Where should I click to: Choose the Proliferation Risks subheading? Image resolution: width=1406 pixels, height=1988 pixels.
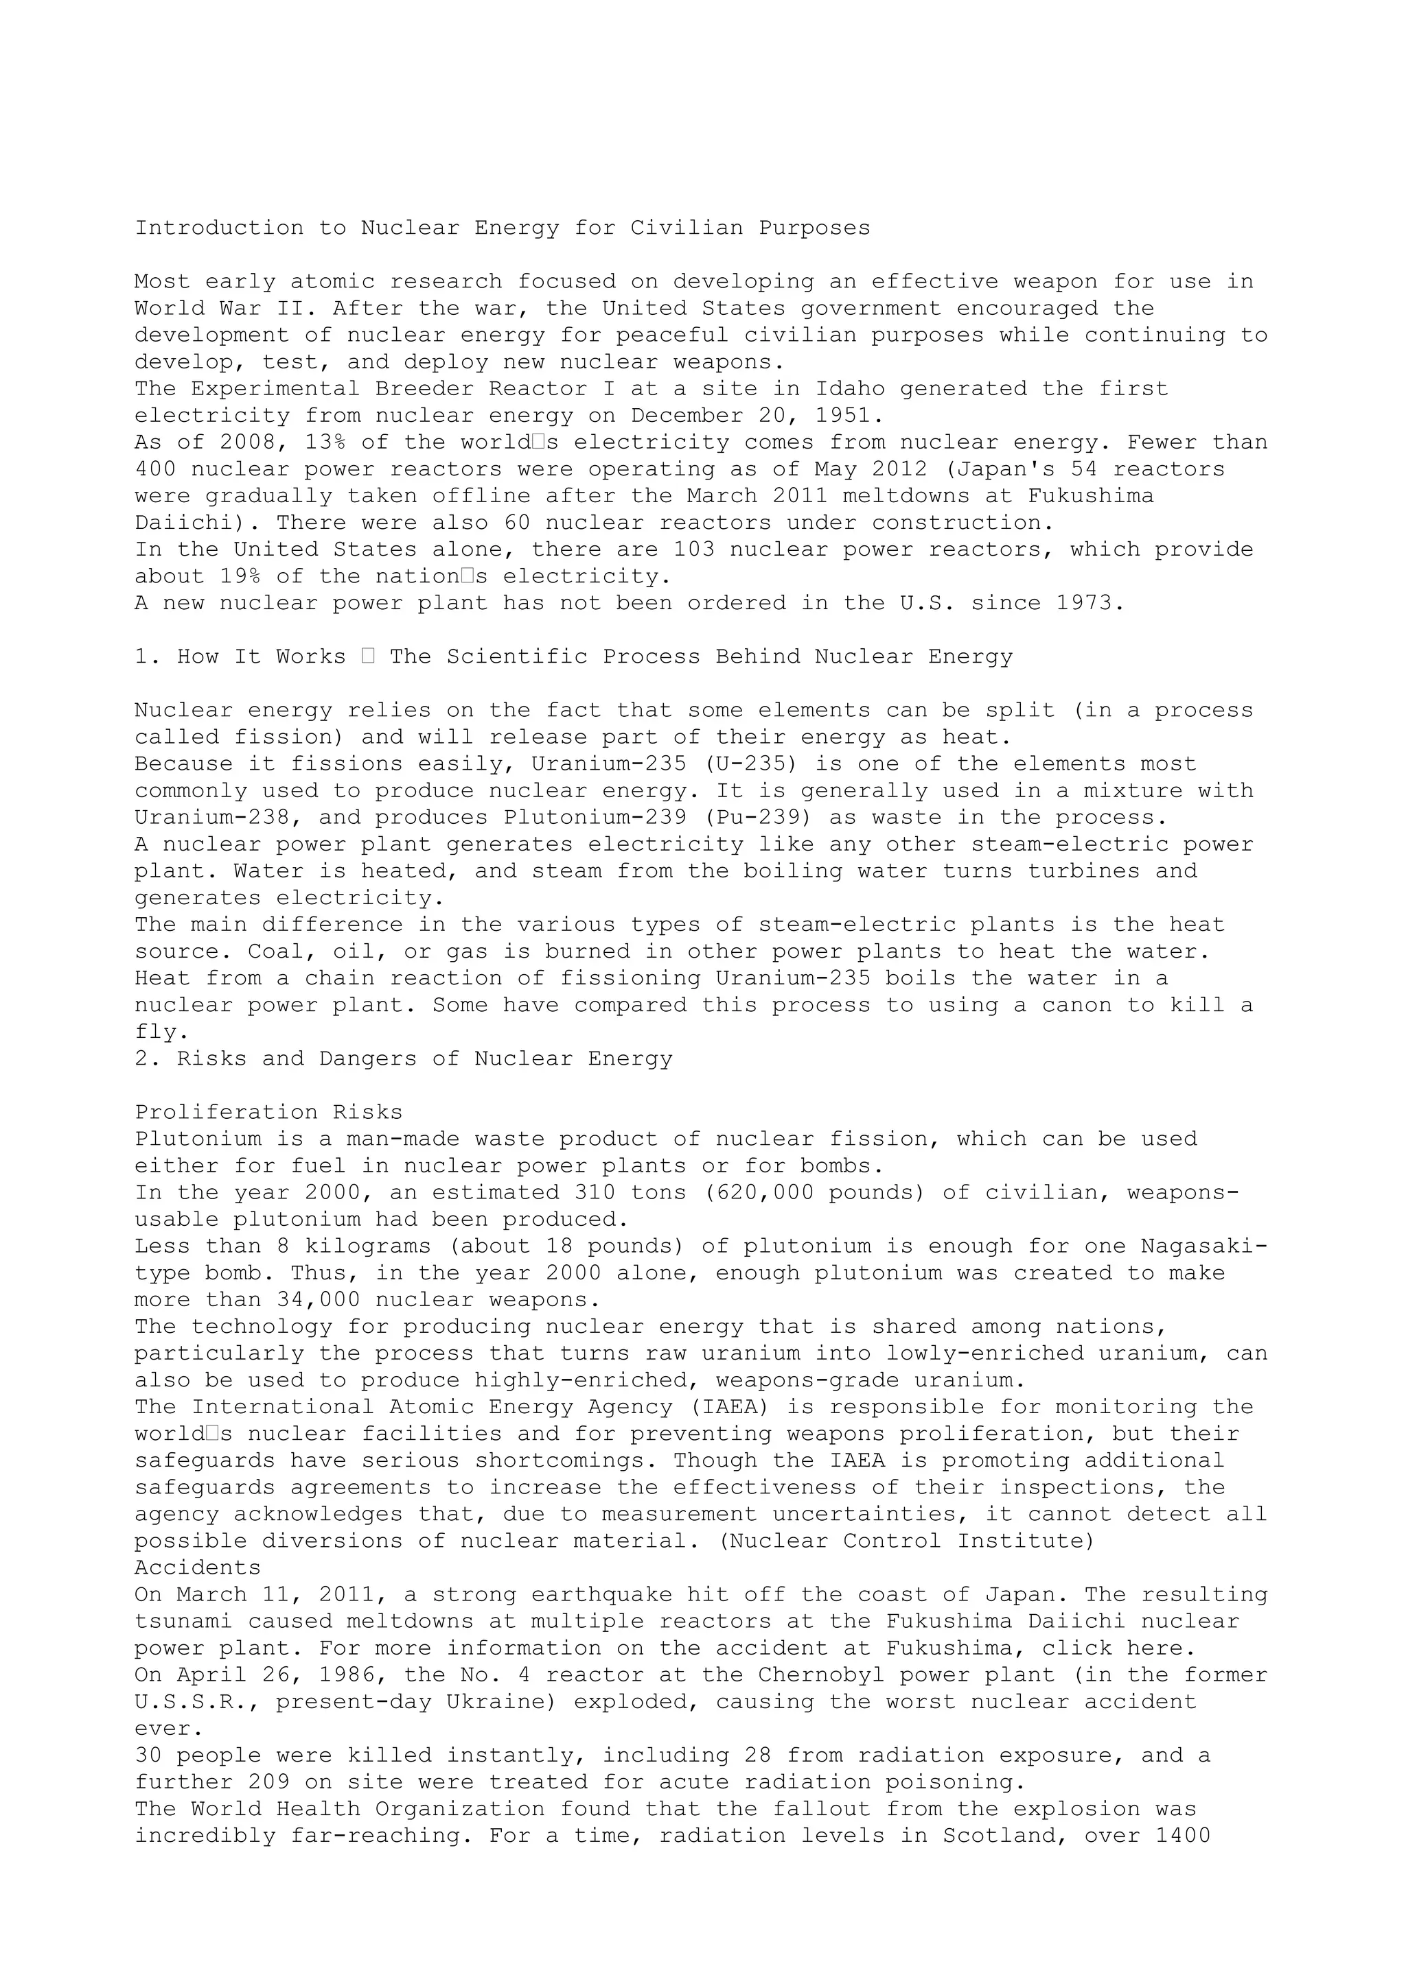click(x=268, y=1113)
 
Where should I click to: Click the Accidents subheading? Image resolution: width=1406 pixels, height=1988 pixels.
click(x=198, y=1568)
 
